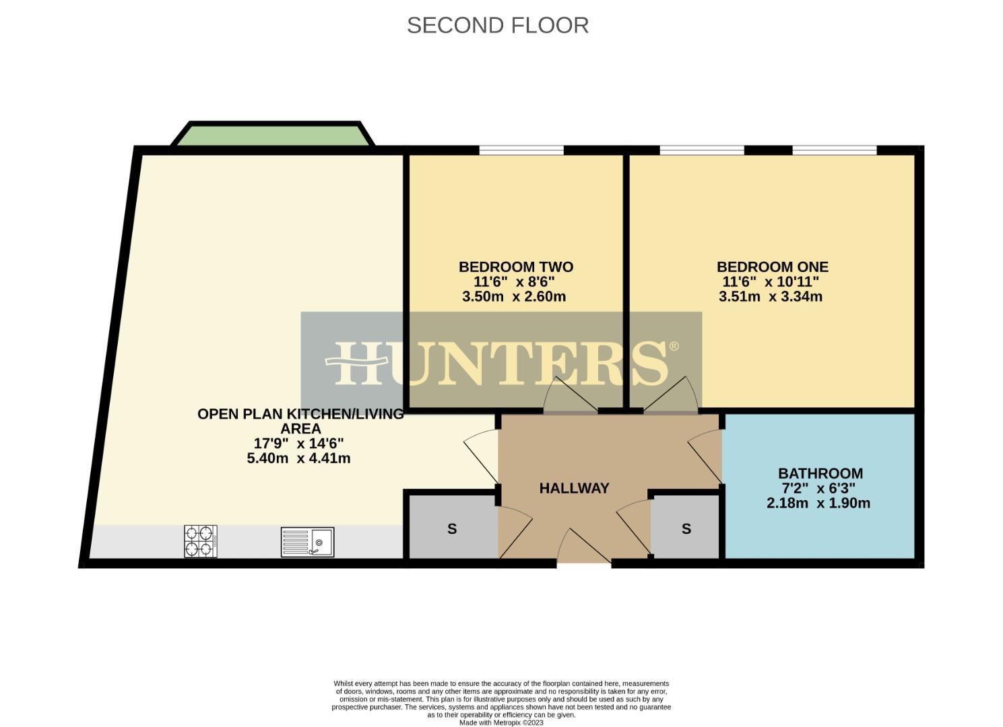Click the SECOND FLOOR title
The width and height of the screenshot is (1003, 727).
tap(498, 25)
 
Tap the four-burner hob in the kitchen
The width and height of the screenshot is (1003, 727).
tap(201, 541)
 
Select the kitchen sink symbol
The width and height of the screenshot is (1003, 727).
tap(307, 542)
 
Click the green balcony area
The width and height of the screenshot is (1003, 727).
tap(273, 134)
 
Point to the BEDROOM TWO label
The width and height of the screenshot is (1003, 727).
tap(516, 267)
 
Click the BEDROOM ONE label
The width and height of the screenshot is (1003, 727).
tap(772, 267)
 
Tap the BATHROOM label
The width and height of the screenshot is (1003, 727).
tap(820, 473)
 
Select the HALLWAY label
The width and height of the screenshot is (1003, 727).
tap(574, 488)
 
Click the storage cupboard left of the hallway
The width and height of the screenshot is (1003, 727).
tap(452, 528)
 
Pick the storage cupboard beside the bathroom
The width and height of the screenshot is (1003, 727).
tap(686, 528)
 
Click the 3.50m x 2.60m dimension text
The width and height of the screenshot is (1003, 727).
tap(514, 297)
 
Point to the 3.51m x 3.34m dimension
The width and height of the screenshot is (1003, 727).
tap(771, 297)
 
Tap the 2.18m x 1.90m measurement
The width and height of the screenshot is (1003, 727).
tap(818, 503)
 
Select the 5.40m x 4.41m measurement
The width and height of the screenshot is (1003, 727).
tap(298, 458)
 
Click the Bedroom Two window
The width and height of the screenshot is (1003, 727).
tap(521, 150)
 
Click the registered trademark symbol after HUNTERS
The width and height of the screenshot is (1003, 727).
tap(674, 347)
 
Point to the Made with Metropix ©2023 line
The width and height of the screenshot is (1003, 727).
tap(501, 722)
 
